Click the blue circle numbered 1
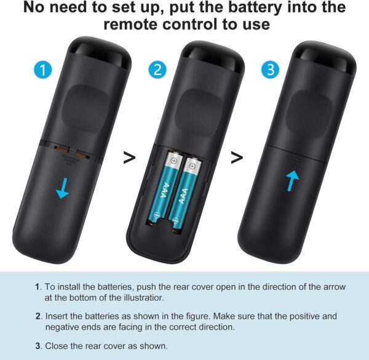pos(42,70)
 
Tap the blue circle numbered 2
pos(159,70)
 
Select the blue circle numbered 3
pos(269,70)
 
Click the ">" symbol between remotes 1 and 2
pos(129,158)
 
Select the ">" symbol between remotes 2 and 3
pos(236,158)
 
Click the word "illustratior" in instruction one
pos(143,297)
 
